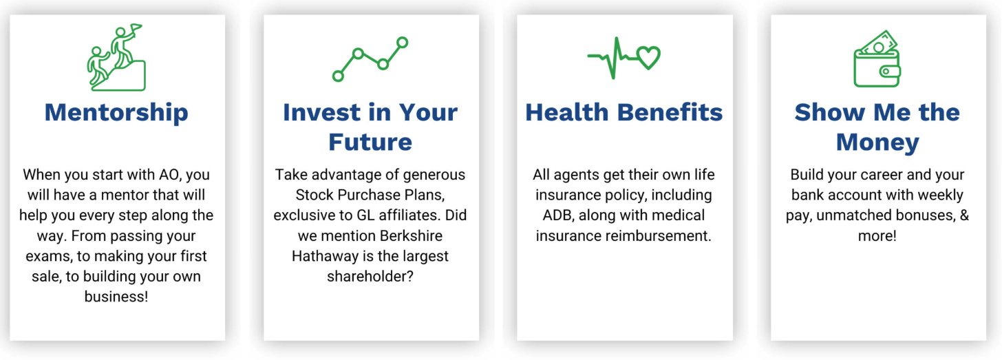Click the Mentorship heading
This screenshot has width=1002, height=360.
[x=116, y=113]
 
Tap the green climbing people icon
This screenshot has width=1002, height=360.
[x=116, y=57]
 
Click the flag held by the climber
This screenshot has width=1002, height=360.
[x=136, y=29]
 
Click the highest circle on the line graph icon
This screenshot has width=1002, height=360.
[x=402, y=43]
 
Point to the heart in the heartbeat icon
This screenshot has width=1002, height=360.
[x=648, y=58]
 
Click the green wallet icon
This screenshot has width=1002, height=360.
[x=877, y=59]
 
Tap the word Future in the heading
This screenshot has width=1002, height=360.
[x=370, y=142]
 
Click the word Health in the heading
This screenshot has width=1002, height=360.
[x=567, y=112]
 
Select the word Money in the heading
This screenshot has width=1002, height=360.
[x=877, y=142]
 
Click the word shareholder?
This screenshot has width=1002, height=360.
[x=370, y=277]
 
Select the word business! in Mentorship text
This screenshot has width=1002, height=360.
[x=116, y=297]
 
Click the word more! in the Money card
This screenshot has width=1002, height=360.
[x=877, y=236]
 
